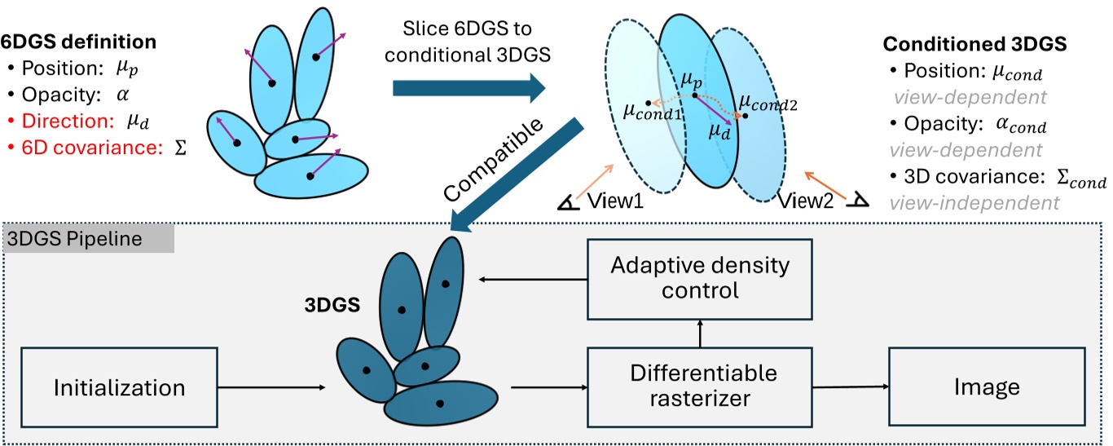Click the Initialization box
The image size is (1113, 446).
pos(119,386)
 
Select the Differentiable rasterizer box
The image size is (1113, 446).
pos(703,386)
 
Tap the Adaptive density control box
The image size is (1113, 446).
pos(700,278)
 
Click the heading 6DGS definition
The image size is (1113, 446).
pos(79,40)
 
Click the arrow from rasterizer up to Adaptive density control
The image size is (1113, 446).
pos(699,331)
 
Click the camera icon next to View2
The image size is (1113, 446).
pos(855,199)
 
